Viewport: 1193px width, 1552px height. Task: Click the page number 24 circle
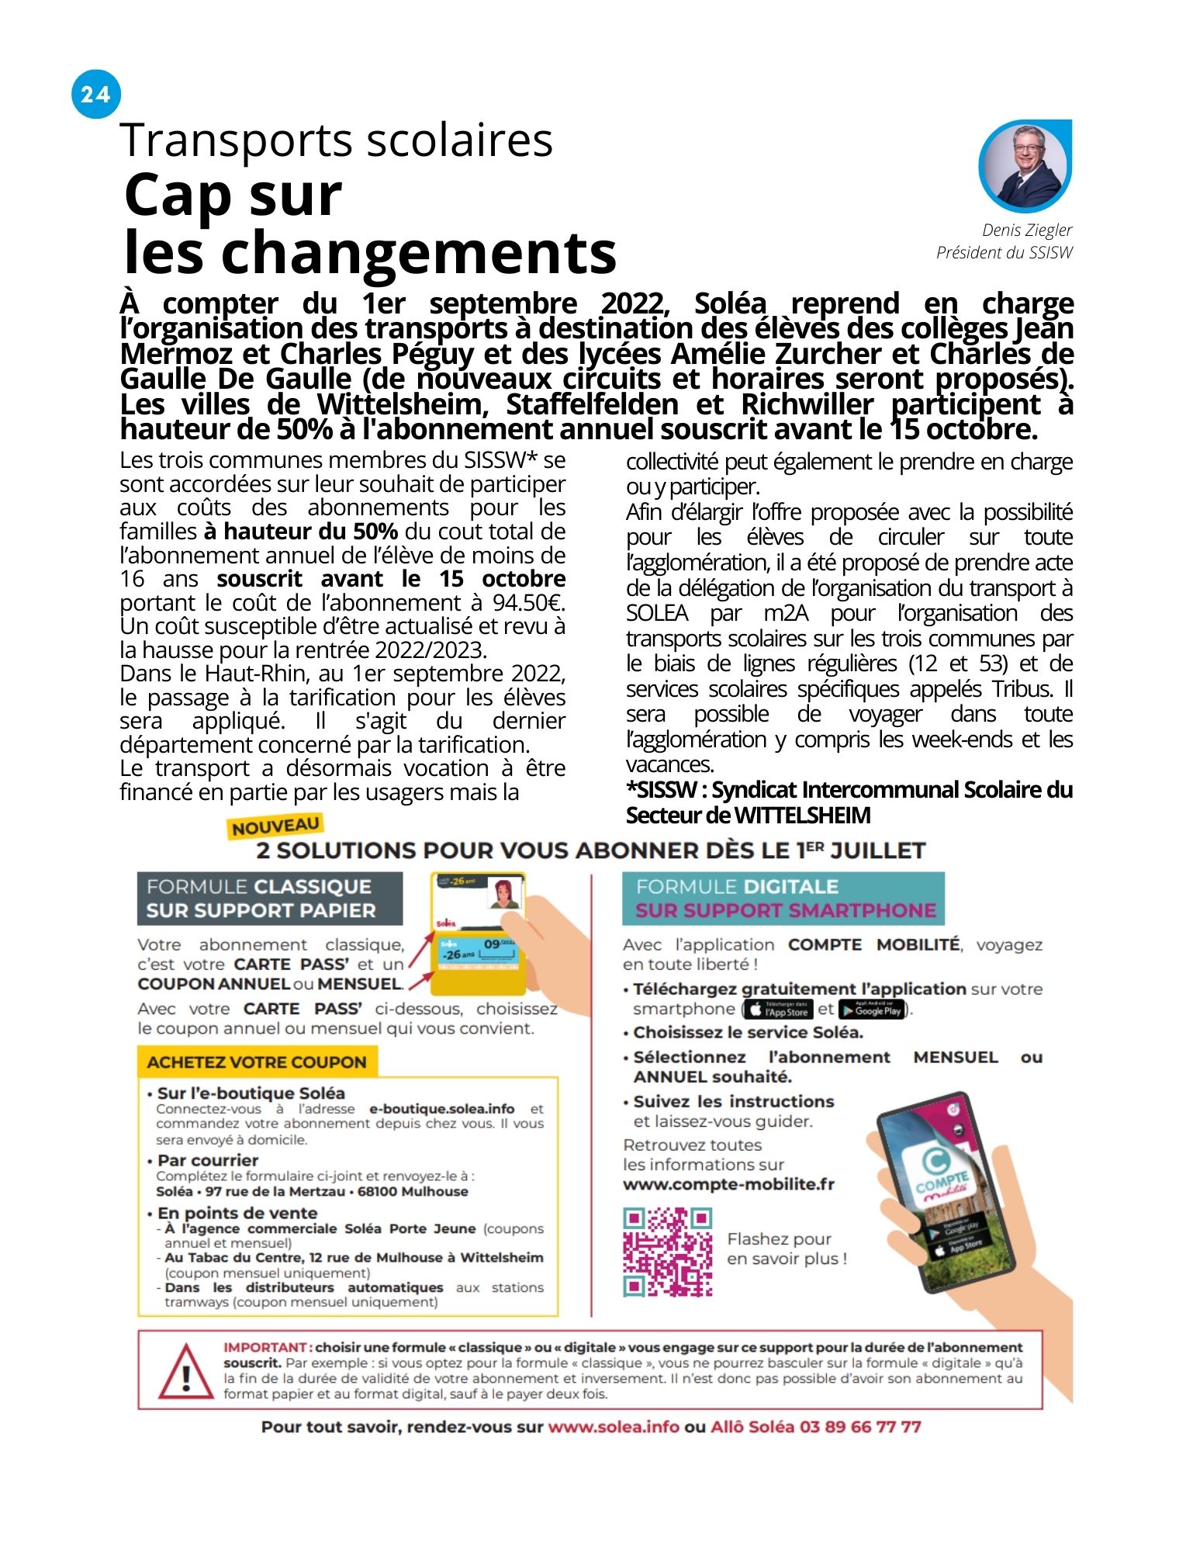(95, 94)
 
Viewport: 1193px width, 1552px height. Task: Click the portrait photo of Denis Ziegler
(1025, 165)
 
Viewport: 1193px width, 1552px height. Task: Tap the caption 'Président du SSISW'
(1004, 252)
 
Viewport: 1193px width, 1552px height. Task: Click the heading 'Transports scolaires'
(336, 140)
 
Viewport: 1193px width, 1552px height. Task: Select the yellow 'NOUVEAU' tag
(275, 826)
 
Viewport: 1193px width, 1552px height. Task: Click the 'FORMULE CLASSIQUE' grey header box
(269, 898)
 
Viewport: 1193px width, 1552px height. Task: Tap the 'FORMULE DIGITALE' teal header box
(783, 898)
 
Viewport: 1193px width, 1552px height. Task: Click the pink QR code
(668, 1252)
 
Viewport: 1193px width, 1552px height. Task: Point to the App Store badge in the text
(778, 1010)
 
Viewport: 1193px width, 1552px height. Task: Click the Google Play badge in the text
(871, 1010)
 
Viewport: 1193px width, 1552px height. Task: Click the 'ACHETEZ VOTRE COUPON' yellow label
(257, 1062)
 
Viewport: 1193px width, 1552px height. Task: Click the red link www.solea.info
(613, 1426)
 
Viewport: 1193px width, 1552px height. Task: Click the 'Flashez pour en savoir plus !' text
(786, 1249)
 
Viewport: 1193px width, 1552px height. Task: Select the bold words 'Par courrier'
(207, 1160)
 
